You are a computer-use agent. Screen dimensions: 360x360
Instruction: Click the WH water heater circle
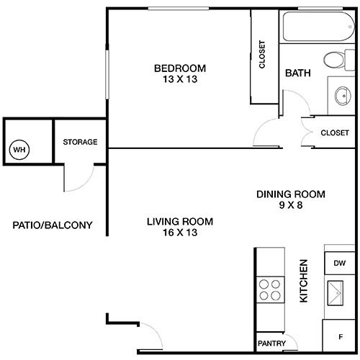click(19, 150)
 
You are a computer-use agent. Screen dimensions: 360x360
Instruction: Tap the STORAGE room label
click(80, 142)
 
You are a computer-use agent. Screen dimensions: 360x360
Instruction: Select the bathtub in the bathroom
click(319, 27)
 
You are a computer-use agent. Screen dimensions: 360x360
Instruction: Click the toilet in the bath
click(339, 60)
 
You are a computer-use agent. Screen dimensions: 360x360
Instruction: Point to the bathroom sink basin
click(343, 96)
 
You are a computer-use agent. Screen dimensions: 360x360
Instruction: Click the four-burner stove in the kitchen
click(270, 289)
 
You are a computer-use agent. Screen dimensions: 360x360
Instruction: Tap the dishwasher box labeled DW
click(340, 264)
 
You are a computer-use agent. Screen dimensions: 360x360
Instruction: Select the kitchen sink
click(336, 293)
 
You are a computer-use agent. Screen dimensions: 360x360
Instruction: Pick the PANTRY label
click(271, 343)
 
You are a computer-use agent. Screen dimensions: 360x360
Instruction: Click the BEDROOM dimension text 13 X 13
click(180, 79)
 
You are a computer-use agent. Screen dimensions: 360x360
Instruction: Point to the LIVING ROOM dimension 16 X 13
click(180, 233)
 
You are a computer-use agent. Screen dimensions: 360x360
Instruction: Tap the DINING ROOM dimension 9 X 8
click(291, 205)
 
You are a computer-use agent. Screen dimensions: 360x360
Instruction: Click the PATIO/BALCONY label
click(53, 225)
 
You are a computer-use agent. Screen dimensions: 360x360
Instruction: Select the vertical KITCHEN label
click(304, 281)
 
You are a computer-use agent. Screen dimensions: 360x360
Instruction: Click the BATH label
click(298, 73)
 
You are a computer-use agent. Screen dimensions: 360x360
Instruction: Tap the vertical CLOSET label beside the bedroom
click(262, 55)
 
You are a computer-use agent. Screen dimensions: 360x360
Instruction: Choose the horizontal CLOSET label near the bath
click(335, 132)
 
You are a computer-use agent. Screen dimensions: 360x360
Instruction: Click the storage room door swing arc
click(84, 183)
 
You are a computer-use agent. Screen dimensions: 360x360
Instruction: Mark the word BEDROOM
click(180, 68)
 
